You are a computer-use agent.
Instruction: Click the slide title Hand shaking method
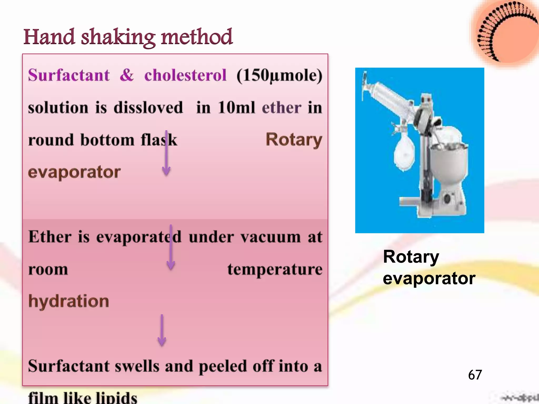click(x=128, y=37)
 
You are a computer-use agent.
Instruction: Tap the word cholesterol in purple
click(x=185, y=75)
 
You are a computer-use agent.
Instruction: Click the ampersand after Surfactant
click(x=127, y=75)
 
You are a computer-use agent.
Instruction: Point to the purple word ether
click(x=281, y=108)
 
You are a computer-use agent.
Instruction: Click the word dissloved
click(x=148, y=108)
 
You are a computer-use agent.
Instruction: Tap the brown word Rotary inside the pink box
click(x=293, y=140)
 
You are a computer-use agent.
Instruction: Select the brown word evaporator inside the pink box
click(x=74, y=172)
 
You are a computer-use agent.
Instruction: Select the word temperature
click(x=275, y=269)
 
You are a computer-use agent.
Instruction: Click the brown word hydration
click(x=68, y=301)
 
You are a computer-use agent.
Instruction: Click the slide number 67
click(x=475, y=375)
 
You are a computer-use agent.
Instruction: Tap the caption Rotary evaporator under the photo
click(x=428, y=267)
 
